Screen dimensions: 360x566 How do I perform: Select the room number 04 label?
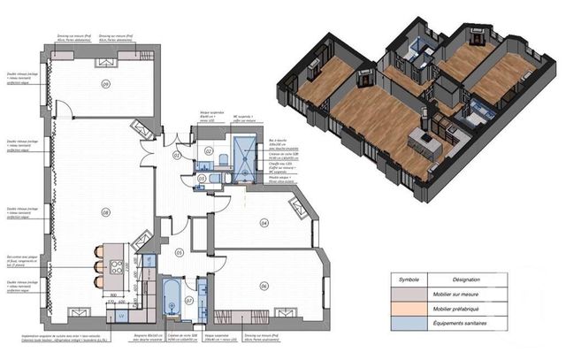click(264, 223)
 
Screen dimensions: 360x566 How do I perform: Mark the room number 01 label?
click(176, 155)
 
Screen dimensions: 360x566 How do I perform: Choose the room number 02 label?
click(209, 151)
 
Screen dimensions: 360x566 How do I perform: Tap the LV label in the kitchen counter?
click(120, 315)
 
